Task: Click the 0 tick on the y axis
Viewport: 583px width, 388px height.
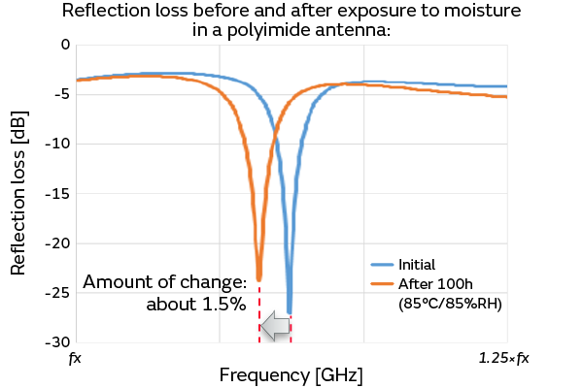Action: [65, 45]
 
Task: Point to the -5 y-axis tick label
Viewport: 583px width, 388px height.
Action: [62, 94]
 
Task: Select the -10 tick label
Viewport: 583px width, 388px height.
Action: [58, 144]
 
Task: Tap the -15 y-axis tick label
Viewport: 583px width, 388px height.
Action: [58, 193]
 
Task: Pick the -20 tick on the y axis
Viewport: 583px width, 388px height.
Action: [58, 242]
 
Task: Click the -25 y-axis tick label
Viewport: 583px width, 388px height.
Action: [58, 292]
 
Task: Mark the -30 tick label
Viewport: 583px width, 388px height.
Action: [58, 341]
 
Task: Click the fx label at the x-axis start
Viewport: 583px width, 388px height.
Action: [75, 359]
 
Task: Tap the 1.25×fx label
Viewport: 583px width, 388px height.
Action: [503, 359]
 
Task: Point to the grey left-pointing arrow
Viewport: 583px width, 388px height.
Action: [277, 328]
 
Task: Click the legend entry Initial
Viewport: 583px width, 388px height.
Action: [416, 264]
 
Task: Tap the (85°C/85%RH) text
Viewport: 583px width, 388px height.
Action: [449, 304]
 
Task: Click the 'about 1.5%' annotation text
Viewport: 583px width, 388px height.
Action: [196, 304]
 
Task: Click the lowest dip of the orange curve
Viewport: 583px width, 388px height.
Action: [258, 278]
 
